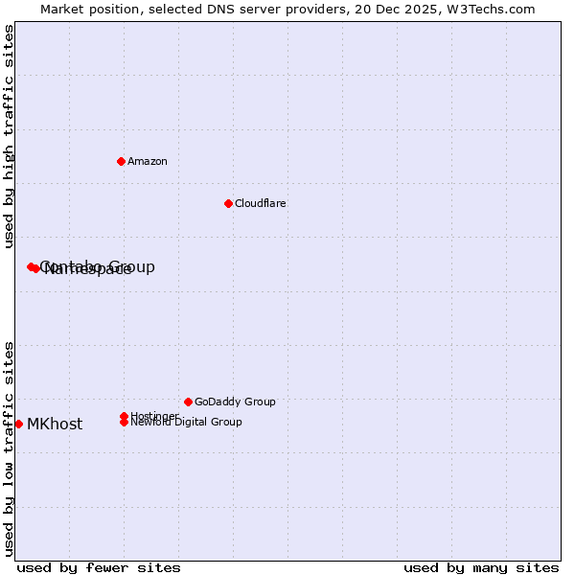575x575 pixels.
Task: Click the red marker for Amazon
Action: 121,161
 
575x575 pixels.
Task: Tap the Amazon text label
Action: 148,161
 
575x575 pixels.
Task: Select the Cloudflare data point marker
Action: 228,203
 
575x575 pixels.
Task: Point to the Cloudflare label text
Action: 261,203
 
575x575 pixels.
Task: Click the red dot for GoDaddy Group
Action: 188,402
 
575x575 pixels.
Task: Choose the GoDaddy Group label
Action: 235,402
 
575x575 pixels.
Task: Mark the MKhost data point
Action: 18,424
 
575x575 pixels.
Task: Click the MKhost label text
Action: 55,425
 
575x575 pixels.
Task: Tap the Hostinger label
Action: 154,416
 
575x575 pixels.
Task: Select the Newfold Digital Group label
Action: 186,422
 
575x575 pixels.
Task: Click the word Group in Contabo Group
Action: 132,266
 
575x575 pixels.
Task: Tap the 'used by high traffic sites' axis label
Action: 9,137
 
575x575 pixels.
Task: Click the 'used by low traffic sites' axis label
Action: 9,448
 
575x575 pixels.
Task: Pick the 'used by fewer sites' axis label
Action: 99,567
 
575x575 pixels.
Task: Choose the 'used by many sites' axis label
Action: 481,567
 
